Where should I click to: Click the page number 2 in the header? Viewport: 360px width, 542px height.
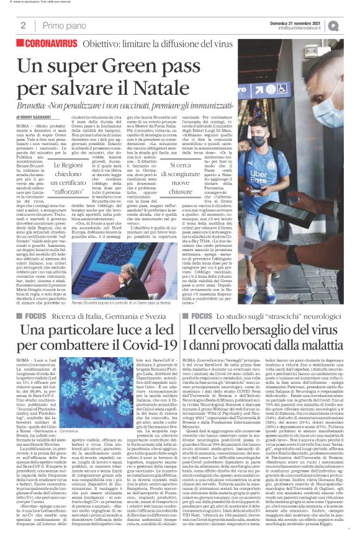coord(23,25)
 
